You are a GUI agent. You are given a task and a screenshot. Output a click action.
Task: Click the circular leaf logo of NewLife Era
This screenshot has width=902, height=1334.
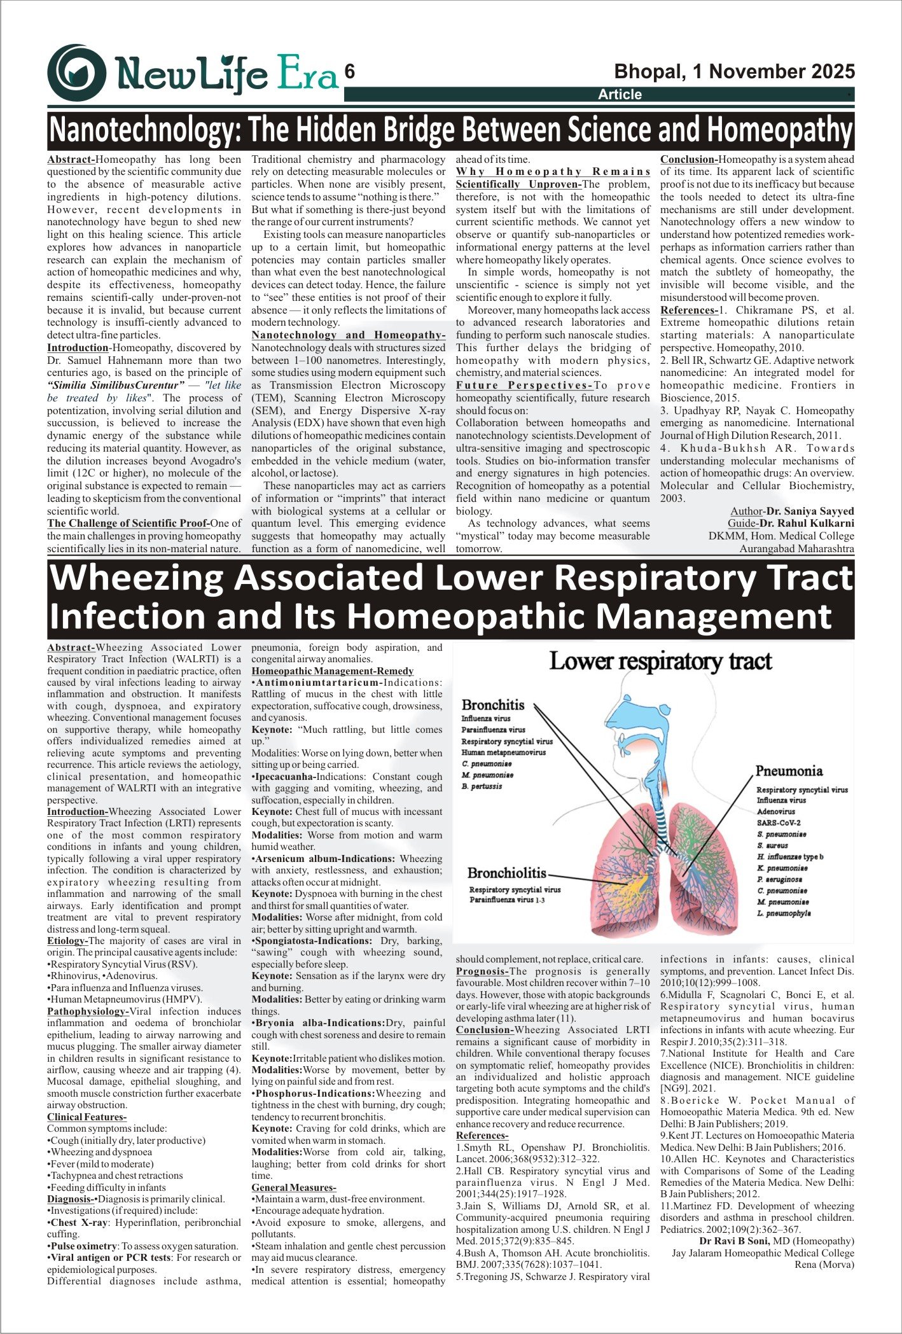tap(76, 73)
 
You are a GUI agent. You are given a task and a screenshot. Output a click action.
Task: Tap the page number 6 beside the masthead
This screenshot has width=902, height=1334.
tap(349, 72)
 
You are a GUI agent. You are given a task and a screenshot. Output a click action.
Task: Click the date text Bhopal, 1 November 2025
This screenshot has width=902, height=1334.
tap(734, 71)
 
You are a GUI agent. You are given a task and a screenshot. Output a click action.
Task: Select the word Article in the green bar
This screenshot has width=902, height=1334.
tap(620, 95)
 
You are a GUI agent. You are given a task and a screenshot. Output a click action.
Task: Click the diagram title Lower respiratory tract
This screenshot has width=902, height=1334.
tap(660, 662)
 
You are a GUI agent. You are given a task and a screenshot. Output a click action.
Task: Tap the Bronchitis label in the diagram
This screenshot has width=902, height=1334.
tap(493, 705)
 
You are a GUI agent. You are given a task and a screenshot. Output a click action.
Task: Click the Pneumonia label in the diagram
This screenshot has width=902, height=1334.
tap(789, 771)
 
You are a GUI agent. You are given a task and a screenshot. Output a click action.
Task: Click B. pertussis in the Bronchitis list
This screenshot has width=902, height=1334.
tap(482, 786)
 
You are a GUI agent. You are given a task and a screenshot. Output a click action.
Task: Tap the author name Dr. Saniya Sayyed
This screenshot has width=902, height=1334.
tap(810, 511)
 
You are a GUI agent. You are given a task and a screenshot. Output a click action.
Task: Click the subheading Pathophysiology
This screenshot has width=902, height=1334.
tap(87, 1011)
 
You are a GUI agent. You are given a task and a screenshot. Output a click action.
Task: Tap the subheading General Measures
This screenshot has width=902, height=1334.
tap(293, 1188)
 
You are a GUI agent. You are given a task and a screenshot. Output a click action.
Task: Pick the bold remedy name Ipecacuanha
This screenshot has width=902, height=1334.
tap(284, 777)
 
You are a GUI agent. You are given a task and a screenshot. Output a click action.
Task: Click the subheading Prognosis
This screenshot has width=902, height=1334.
tap(482, 971)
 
